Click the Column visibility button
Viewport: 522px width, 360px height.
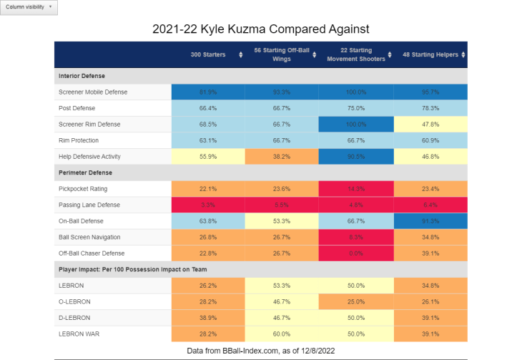[x=29, y=7]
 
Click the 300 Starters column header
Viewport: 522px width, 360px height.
[x=208, y=54]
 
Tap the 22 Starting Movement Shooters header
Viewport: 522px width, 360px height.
[x=355, y=54]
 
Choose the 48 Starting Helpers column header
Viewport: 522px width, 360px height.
[x=430, y=54]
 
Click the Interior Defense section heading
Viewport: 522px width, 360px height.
[x=82, y=76]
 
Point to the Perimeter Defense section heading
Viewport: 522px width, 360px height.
[x=86, y=172]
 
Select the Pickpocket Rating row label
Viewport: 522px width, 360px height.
[x=84, y=189]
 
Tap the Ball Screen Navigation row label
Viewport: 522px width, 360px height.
[x=90, y=237]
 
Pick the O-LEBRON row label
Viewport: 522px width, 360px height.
[x=75, y=301]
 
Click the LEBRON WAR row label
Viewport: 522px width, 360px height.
[x=79, y=333]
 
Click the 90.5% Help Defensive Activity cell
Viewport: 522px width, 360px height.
[x=356, y=157]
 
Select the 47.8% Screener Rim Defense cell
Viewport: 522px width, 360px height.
[x=430, y=125]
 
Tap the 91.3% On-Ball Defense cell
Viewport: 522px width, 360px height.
[x=430, y=221]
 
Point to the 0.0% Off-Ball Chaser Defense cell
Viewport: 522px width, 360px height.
[x=356, y=253]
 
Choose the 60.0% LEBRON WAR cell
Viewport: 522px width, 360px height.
[x=282, y=333]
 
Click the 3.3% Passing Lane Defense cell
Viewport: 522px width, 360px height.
[x=208, y=205]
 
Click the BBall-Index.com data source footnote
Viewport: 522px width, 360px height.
[x=260, y=351]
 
